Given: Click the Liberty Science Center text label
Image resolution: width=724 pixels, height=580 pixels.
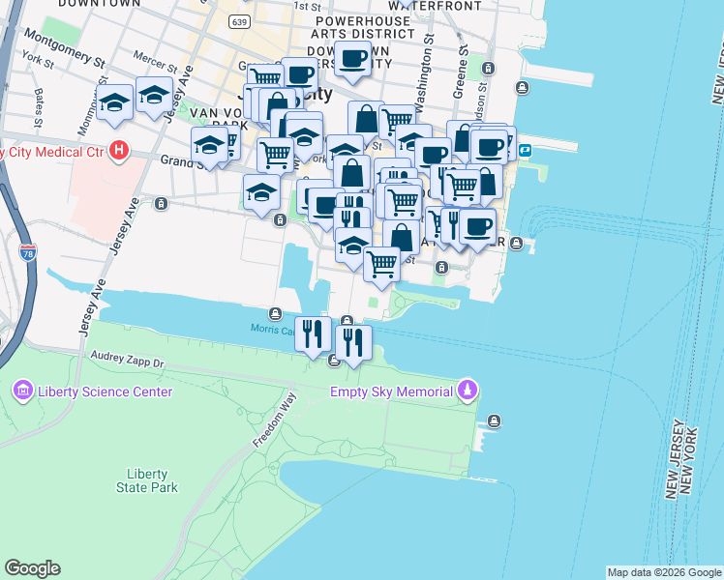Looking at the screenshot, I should pyautogui.click(x=105, y=391).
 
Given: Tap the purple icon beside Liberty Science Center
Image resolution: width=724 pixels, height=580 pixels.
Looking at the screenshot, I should pyautogui.click(x=21, y=391).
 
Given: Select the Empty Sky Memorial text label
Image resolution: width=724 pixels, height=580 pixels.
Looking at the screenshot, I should pyautogui.click(x=391, y=391).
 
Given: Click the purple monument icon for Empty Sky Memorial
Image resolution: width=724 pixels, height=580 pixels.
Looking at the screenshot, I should pyautogui.click(x=468, y=391).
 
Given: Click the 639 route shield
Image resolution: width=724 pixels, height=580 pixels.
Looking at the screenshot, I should pyautogui.click(x=241, y=20).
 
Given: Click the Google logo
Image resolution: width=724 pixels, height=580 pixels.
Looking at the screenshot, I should pyautogui.click(x=32, y=568).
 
